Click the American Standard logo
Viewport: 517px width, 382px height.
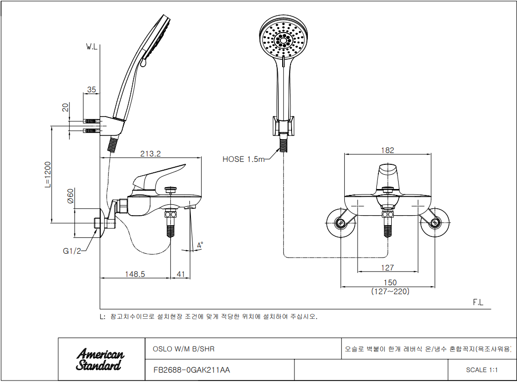point(100,359)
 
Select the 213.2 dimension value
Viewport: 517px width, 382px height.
point(150,153)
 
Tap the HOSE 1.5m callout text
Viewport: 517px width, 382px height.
point(243,159)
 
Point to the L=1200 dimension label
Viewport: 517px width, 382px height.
point(48,175)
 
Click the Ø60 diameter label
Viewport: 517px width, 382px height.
point(71,195)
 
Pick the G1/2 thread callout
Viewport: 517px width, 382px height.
point(72,251)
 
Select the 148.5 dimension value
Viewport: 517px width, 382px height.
point(135,274)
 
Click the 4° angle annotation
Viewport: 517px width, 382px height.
point(200,246)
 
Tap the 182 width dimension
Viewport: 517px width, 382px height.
point(387,151)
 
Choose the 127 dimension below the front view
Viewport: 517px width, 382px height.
point(387,267)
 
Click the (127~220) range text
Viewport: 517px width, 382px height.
point(390,292)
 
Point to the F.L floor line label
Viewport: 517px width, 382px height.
point(478,303)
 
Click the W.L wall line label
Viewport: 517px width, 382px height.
point(92,47)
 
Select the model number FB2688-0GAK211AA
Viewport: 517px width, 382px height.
point(191,370)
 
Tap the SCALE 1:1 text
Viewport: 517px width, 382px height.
point(481,370)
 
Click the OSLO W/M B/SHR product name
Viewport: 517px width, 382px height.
point(184,349)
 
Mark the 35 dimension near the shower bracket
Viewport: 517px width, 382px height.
point(91,89)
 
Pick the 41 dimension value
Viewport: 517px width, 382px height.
point(181,274)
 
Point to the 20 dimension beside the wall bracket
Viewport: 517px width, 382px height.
point(66,107)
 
